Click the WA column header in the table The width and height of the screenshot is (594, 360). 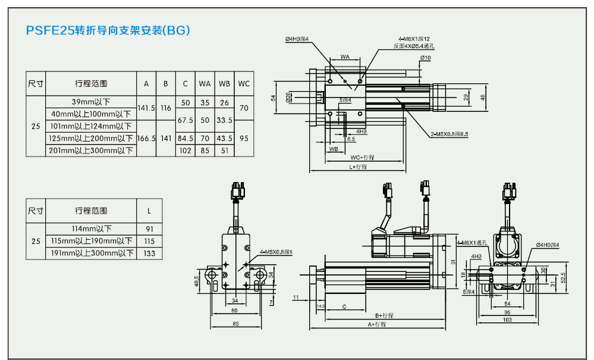(205, 84)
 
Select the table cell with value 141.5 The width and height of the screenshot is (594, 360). (146, 109)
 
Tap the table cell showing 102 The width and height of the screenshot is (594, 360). (186, 151)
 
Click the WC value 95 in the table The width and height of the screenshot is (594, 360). (244, 138)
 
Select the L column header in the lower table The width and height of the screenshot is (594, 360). (149, 211)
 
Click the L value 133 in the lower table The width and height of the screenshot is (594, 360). (149, 253)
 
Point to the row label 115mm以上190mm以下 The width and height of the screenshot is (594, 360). (91, 242)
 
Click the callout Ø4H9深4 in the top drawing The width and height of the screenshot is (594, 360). (297, 39)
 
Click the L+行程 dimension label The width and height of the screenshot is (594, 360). (357, 167)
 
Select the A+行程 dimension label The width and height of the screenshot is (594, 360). (377, 324)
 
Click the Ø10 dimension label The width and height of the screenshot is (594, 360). (425, 57)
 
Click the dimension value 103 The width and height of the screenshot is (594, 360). (507, 320)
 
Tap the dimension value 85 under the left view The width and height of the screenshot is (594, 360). (235, 324)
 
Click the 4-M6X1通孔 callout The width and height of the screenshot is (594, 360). (472, 243)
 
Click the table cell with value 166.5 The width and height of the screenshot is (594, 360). (146, 138)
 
